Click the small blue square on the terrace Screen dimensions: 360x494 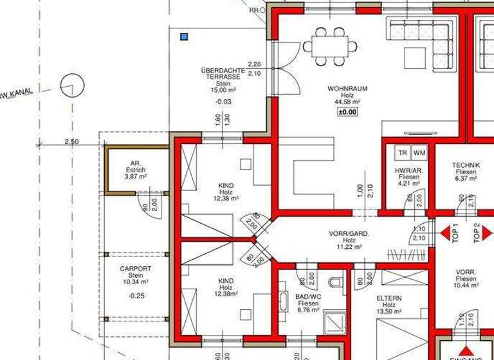(x=185, y=37)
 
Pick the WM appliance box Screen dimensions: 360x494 (x=419, y=153)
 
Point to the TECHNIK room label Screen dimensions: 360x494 (x=466, y=165)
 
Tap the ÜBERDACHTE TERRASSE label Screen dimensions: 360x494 (x=221, y=73)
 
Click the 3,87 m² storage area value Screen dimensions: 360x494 (x=135, y=176)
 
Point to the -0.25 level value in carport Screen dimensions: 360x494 (x=135, y=296)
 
